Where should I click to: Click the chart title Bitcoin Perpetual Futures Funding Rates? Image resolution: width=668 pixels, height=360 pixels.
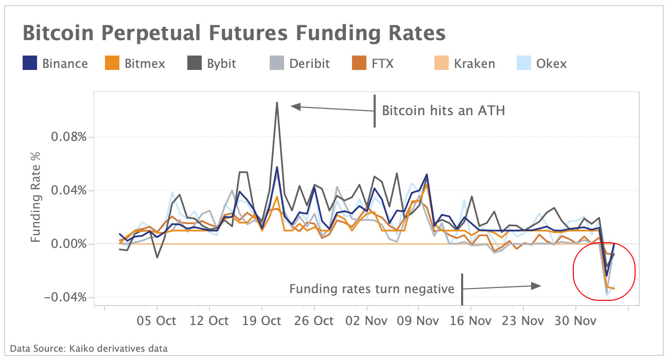(x=234, y=33)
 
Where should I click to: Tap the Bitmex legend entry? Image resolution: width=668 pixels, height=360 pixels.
(x=136, y=64)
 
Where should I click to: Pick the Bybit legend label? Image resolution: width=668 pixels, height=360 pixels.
(x=222, y=64)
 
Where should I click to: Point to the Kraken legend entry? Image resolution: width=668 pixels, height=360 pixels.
(x=474, y=64)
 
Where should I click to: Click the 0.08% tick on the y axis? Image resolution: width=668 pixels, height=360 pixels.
(x=68, y=137)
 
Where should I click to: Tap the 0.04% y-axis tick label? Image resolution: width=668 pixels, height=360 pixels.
(x=68, y=191)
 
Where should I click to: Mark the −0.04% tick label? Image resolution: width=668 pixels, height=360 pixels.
(x=65, y=298)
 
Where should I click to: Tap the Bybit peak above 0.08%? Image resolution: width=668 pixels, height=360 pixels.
(x=277, y=103)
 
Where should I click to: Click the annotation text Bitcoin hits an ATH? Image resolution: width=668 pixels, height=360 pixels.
(x=443, y=111)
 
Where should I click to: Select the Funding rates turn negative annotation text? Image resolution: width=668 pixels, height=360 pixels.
(x=371, y=289)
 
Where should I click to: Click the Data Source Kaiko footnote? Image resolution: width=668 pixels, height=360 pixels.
(x=89, y=349)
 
